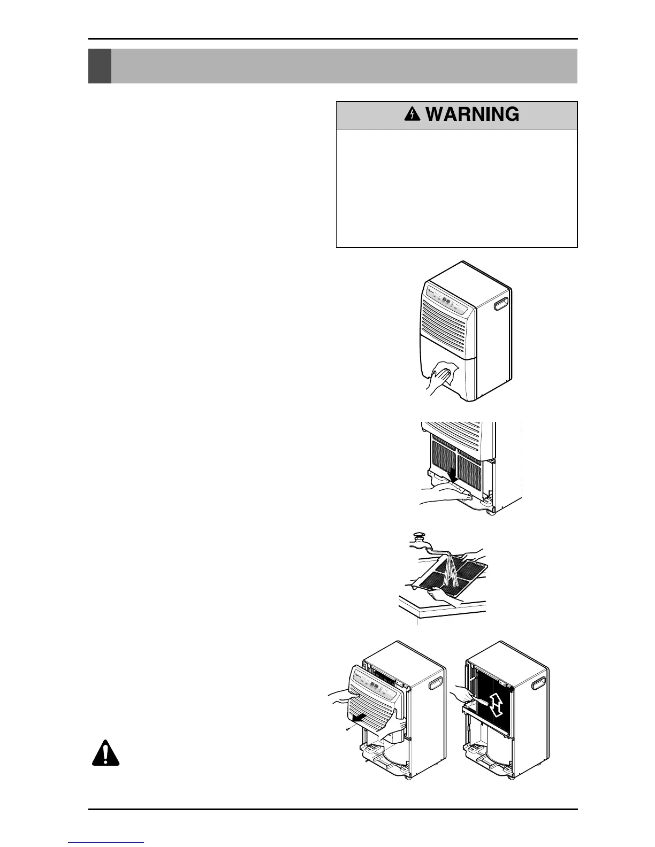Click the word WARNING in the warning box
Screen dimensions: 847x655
click(x=473, y=114)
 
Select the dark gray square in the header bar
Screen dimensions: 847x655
click(x=100, y=66)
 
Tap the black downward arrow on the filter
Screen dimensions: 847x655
click(x=452, y=474)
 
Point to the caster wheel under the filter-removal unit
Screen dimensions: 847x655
click(x=490, y=512)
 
